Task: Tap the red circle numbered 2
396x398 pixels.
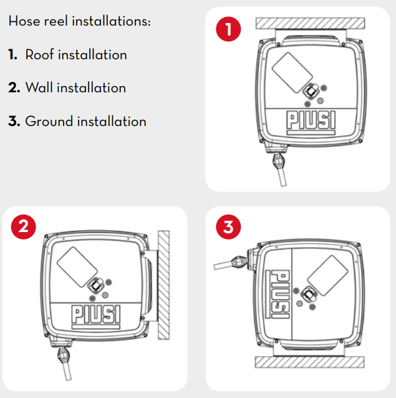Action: click(23, 228)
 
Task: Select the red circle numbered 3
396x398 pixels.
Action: click(228, 228)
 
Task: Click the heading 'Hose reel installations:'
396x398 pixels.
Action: click(80, 21)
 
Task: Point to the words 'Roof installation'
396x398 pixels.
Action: click(76, 55)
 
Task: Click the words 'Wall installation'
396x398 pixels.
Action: click(75, 88)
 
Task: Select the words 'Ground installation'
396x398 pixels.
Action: click(85, 121)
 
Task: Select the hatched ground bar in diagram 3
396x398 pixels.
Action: click(309, 362)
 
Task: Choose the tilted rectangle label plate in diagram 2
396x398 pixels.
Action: click(77, 266)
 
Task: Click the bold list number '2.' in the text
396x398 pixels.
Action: click(14, 88)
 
